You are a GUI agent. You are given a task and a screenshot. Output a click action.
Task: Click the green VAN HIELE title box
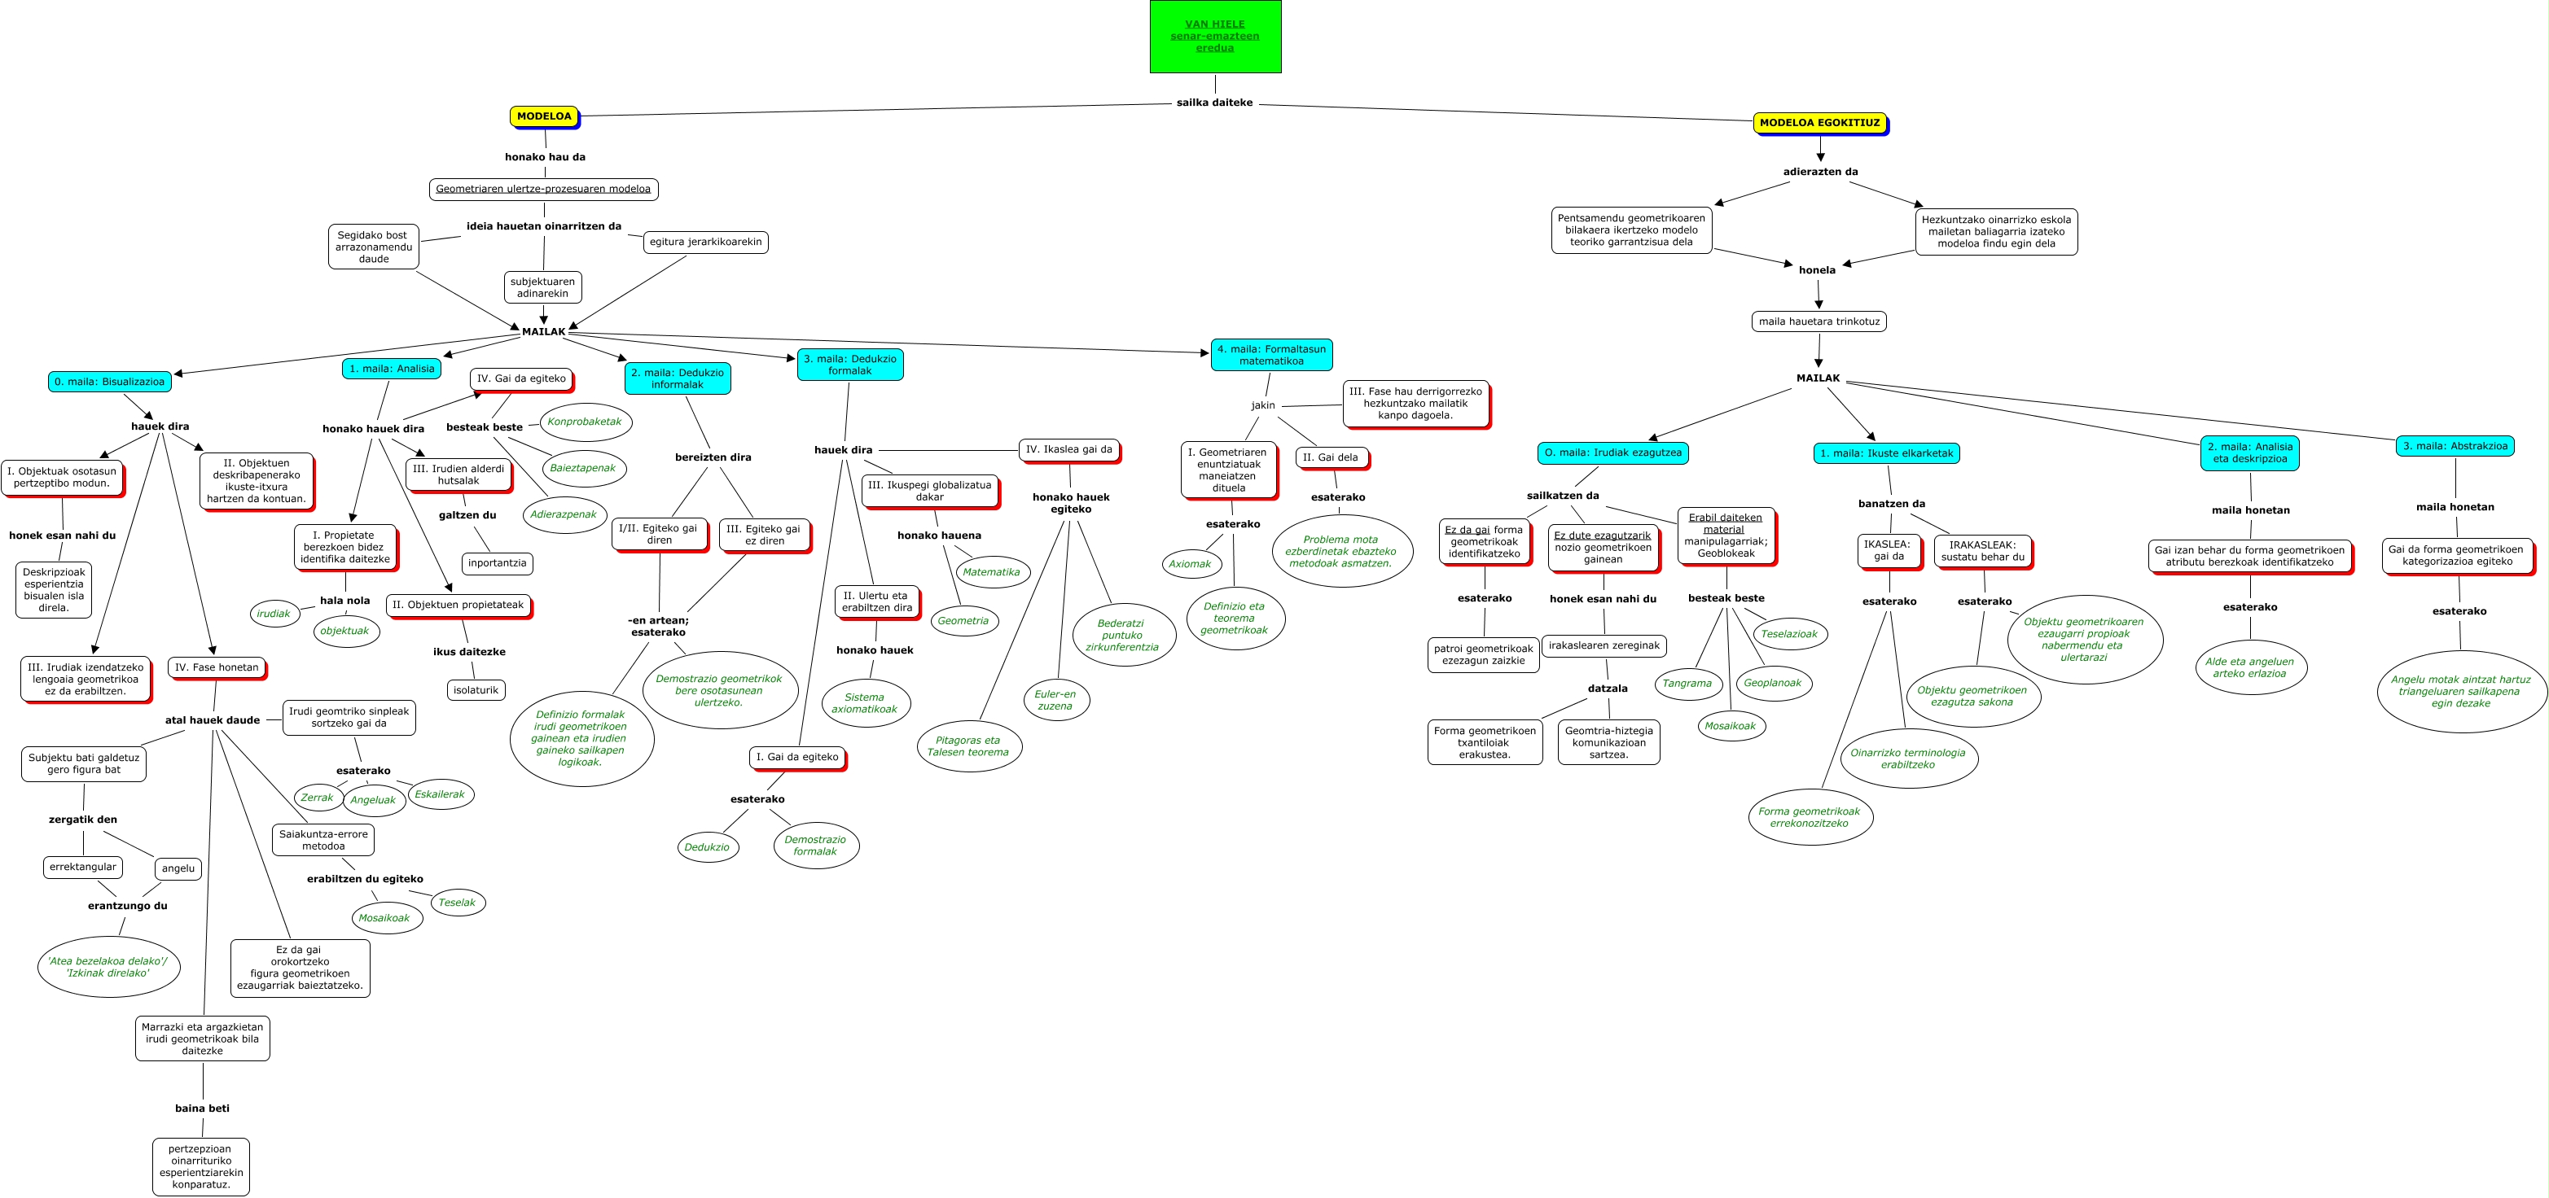coord(1215,37)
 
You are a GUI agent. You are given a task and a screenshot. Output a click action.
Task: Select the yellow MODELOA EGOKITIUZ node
coord(1819,123)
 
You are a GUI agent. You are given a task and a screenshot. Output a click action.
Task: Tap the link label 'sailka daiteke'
coord(1214,103)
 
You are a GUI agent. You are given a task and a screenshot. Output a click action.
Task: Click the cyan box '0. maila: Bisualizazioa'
coord(109,382)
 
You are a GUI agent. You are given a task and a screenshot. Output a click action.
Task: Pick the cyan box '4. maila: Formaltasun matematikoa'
coord(1270,355)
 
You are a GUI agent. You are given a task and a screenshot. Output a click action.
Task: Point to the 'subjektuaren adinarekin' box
coord(542,288)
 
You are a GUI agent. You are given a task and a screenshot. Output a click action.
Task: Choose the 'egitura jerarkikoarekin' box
coord(705,243)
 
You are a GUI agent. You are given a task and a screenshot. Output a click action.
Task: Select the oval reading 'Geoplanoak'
coord(1772,684)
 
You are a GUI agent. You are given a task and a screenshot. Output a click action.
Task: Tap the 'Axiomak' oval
coord(1190,564)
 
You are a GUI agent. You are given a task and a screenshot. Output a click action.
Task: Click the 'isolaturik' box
coord(476,690)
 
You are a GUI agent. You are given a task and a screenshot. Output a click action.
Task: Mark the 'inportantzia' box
coord(497,564)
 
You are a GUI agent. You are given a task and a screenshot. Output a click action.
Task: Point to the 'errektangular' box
coord(83,868)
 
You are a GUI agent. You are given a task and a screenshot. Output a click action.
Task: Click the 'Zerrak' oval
coord(317,798)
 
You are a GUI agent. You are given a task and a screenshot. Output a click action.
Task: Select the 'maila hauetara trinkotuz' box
coord(1819,321)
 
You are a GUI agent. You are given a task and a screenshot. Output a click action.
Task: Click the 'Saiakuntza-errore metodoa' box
coord(322,840)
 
